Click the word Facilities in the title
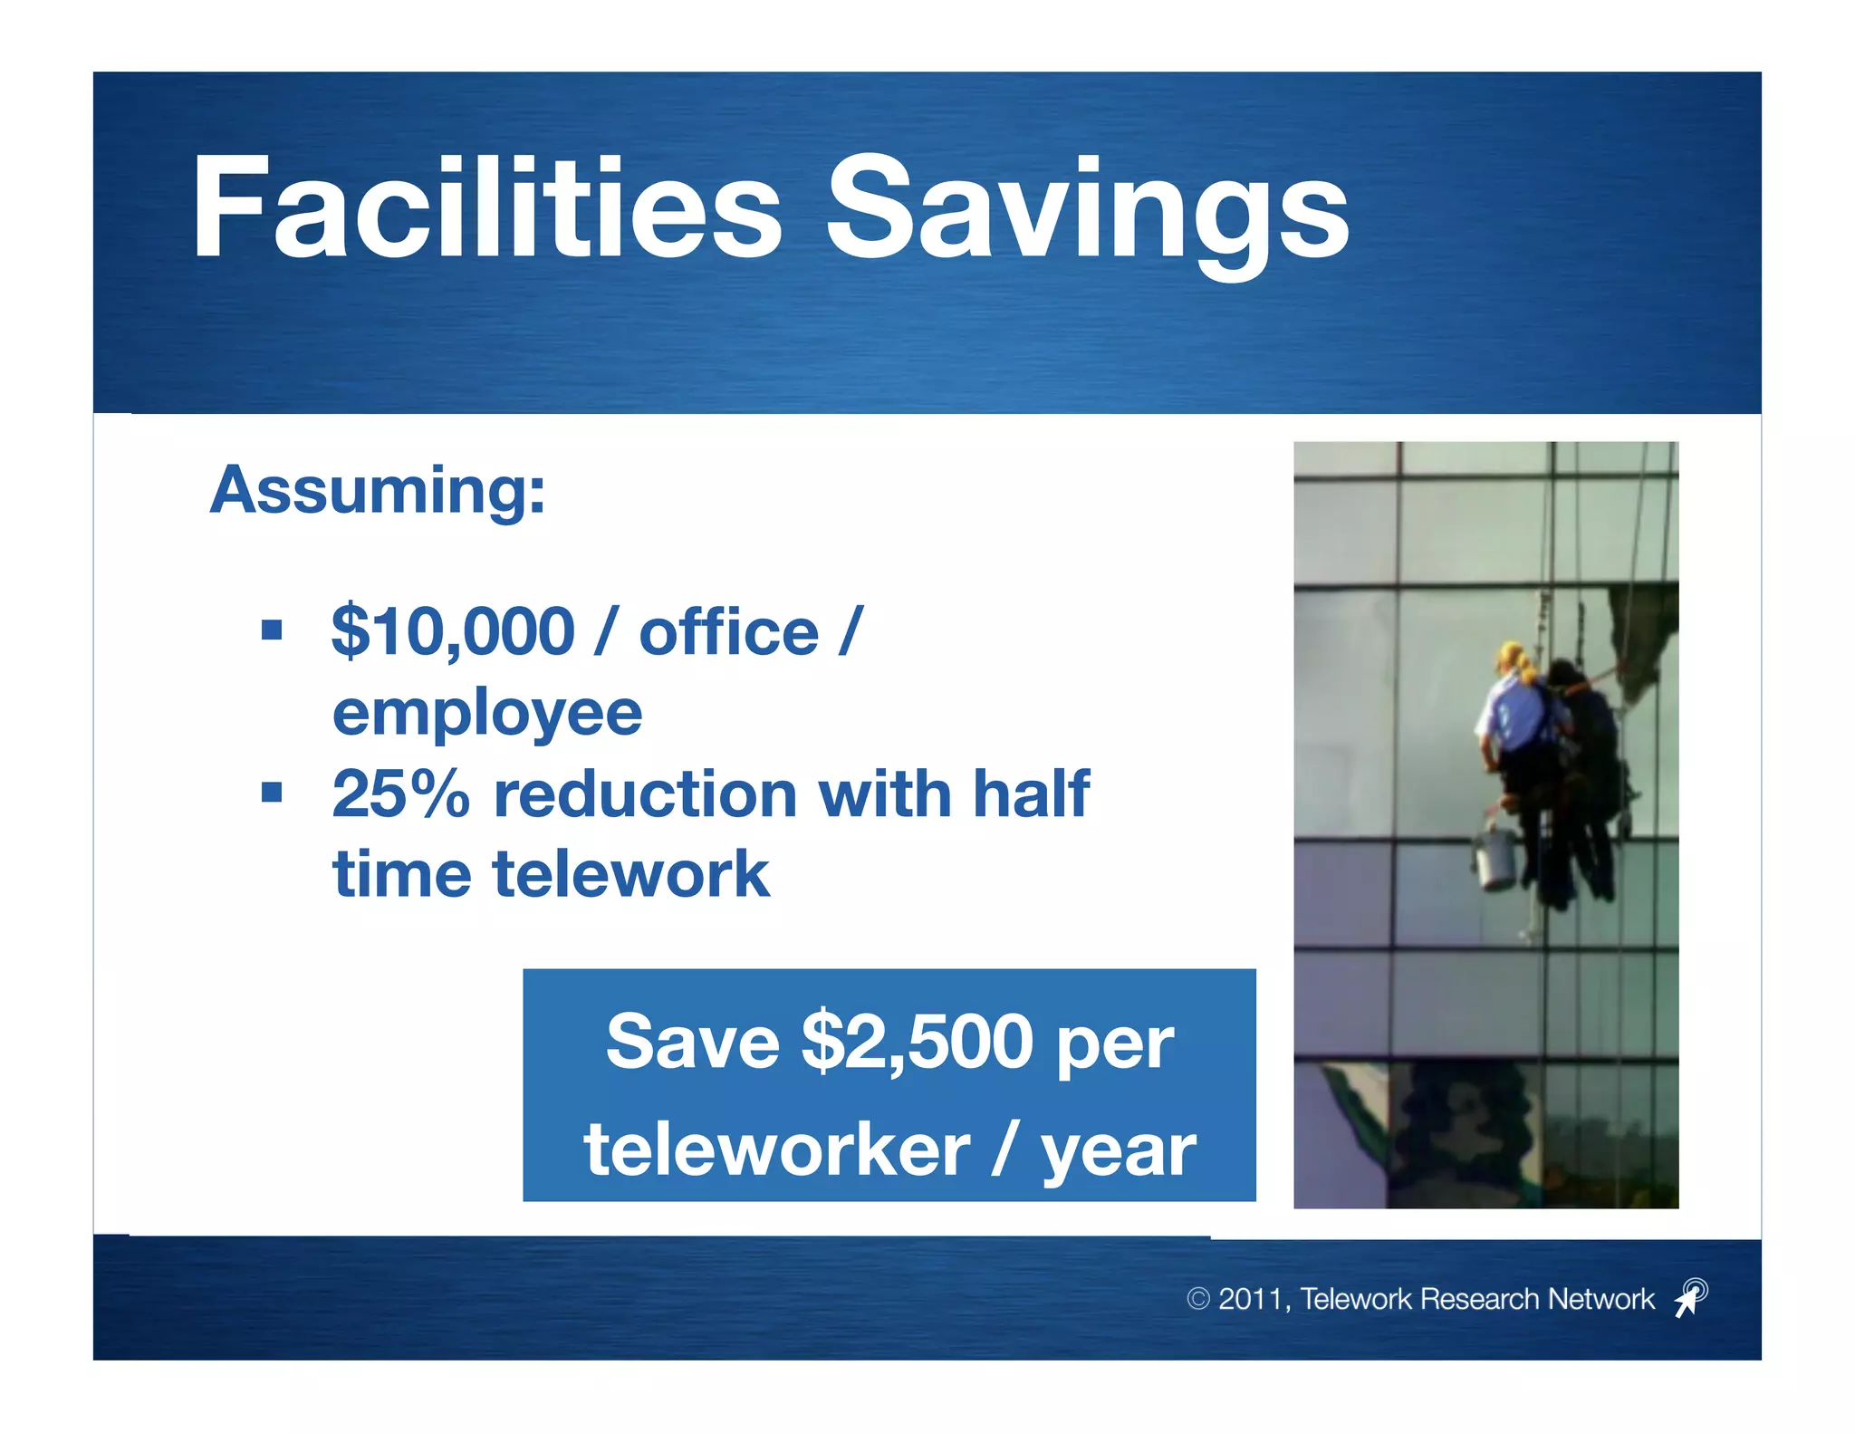click(486, 208)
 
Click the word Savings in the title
click(1087, 213)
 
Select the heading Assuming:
click(378, 490)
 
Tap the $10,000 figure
click(453, 631)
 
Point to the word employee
click(487, 714)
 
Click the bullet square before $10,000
click(272, 630)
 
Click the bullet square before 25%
click(272, 793)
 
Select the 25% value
click(400, 794)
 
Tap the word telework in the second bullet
click(630, 875)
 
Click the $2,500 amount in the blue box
click(917, 1042)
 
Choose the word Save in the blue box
click(692, 1042)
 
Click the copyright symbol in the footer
click(1197, 1299)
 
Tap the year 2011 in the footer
click(1249, 1299)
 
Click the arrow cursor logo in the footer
click(1690, 1297)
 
